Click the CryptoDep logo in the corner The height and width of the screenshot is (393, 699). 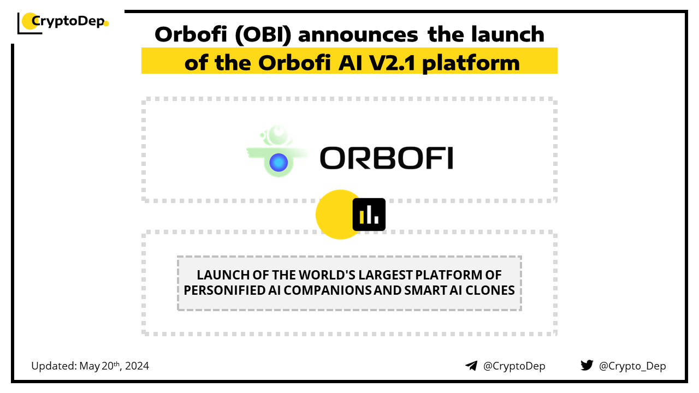[x=63, y=22]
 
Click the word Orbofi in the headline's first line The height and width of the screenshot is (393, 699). [x=191, y=34]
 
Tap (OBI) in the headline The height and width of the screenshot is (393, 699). [x=263, y=34]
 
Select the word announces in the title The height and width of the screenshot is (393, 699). [x=358, y=35]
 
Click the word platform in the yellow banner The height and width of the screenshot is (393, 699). [x=471, y=64]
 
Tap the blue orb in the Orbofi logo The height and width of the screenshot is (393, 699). [x=279, y=163]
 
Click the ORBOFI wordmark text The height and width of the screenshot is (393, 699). [x=386, y=158]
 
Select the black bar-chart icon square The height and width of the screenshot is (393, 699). [x=369, y=215]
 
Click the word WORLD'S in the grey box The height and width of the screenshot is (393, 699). [x=327, y=275]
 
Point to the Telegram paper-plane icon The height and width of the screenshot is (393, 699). [x=471, y=366]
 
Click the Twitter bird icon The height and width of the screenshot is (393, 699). [x=587, y=365]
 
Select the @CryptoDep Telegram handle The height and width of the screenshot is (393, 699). [x=514, y=366]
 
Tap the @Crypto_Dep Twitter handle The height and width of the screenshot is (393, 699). [x=632, y=366]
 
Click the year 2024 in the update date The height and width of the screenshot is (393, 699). [x=137, y=366]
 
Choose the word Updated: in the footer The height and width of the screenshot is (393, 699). [x=54, y=366]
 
